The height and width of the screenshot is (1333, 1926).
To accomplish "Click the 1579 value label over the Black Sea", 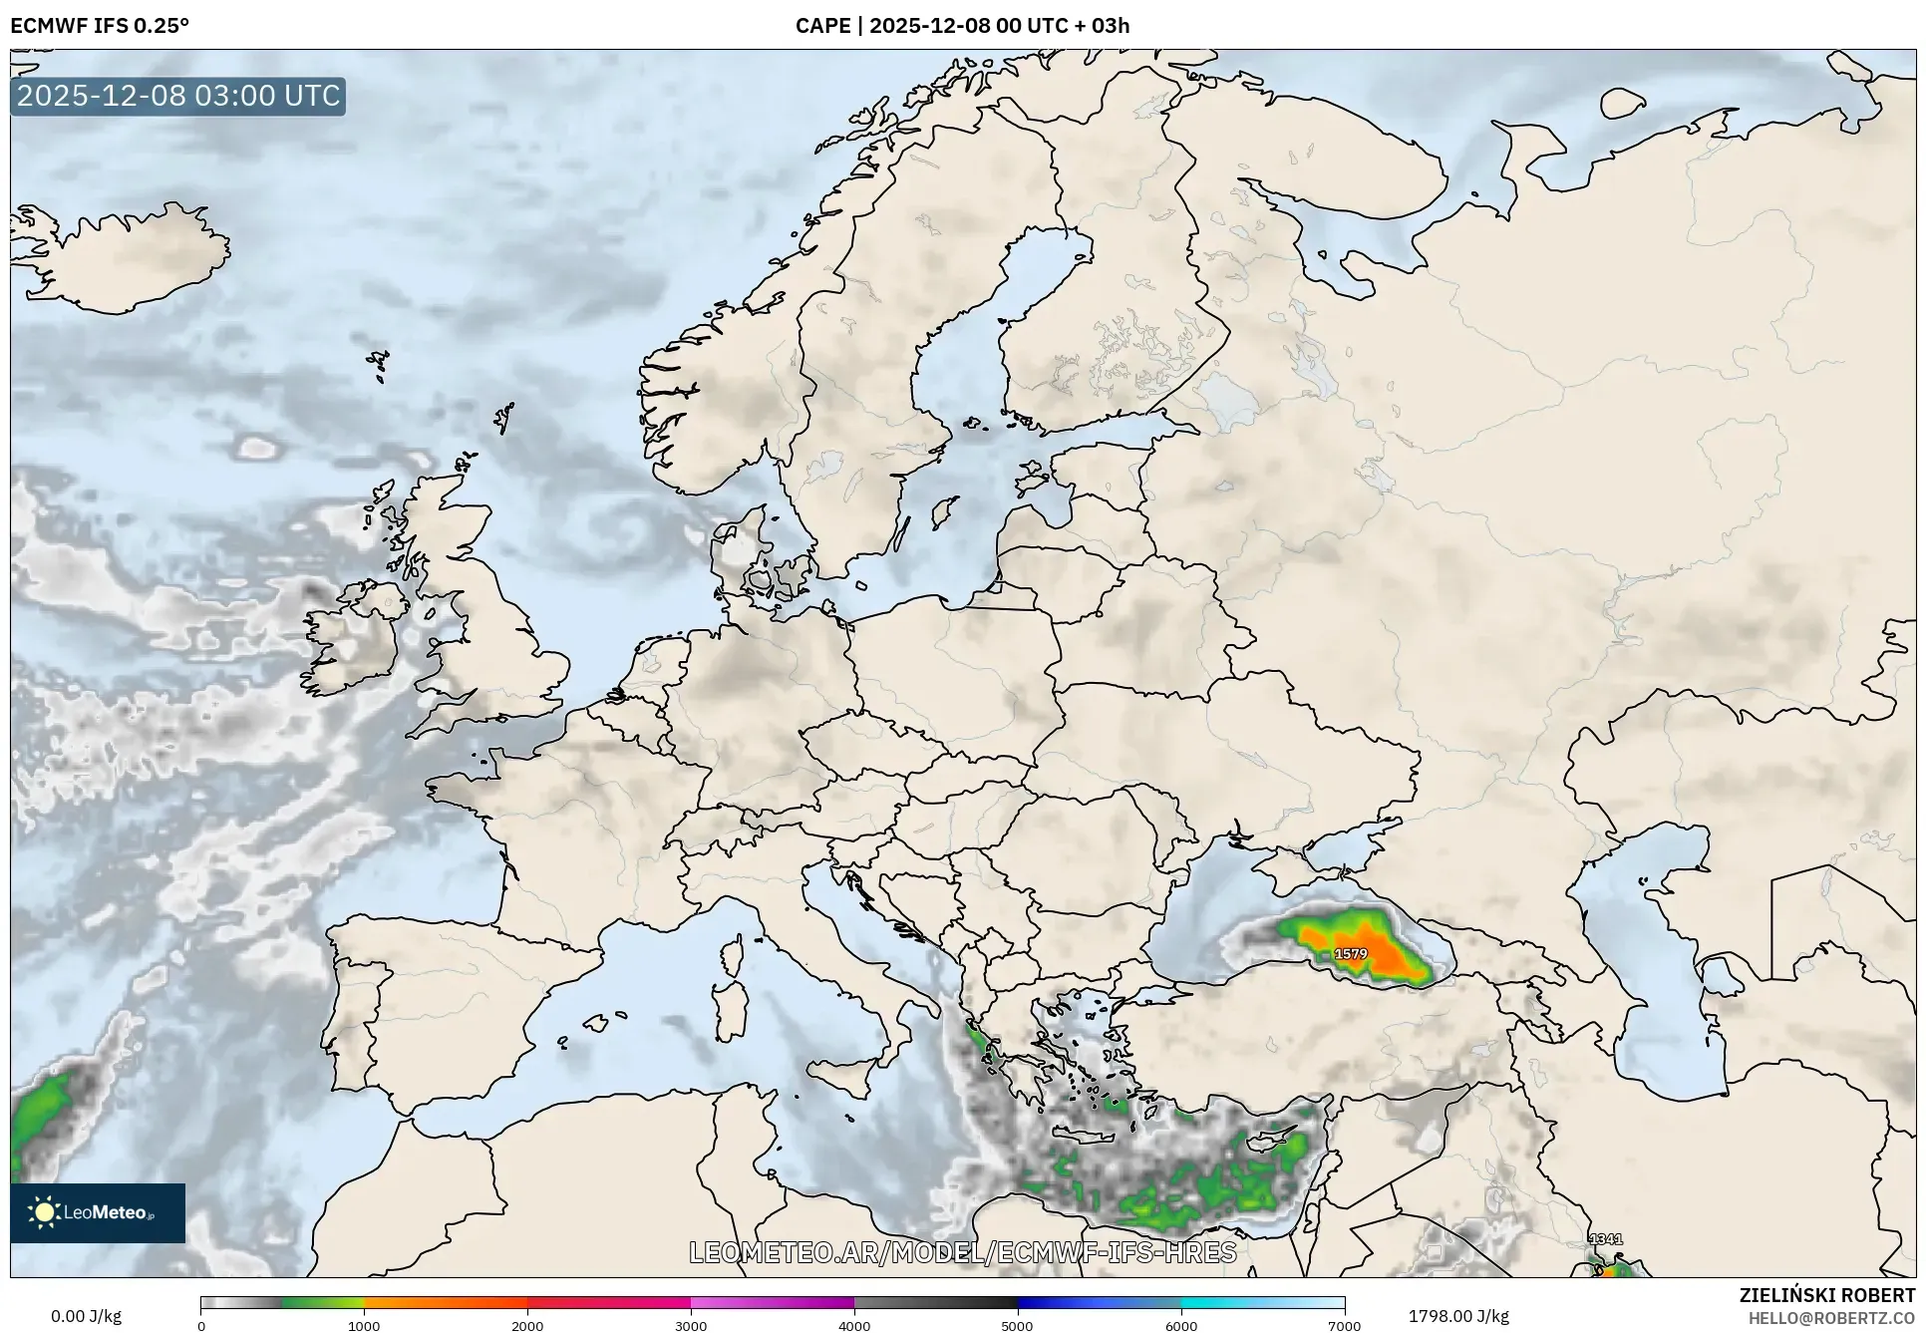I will [1351, 954].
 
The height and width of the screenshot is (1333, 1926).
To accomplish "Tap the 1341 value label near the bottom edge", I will [1605, 1239].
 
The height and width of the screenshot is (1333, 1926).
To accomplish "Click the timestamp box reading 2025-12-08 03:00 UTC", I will [178, 96].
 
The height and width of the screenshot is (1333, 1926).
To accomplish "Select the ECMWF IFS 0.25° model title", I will [100, 26].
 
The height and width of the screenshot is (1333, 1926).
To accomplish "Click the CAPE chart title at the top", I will [962, 26].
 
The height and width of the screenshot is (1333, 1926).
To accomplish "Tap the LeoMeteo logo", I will [98, 1212].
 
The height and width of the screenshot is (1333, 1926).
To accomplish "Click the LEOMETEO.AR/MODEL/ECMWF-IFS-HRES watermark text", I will [962, 1252].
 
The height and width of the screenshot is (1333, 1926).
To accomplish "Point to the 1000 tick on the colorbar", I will [364, 1325].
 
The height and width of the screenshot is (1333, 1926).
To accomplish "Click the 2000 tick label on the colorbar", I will [527, 1325].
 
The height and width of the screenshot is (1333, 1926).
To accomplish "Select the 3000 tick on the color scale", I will [691, 1325].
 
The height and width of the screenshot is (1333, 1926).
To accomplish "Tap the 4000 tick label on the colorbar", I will [854, 1325].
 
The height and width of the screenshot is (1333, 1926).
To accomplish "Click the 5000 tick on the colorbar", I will [1018, 1325].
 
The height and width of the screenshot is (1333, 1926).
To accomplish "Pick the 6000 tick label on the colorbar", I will [1181, 1325].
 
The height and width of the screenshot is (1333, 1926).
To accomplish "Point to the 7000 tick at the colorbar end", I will [1344, 1325].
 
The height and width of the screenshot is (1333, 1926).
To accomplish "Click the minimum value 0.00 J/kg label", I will [86, 1316].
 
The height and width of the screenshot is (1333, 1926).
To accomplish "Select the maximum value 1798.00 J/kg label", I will [1458, 1316].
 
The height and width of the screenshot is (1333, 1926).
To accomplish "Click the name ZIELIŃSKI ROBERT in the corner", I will [1826, 1295].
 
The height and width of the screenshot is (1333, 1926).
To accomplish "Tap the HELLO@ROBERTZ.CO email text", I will [1831, 1318].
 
